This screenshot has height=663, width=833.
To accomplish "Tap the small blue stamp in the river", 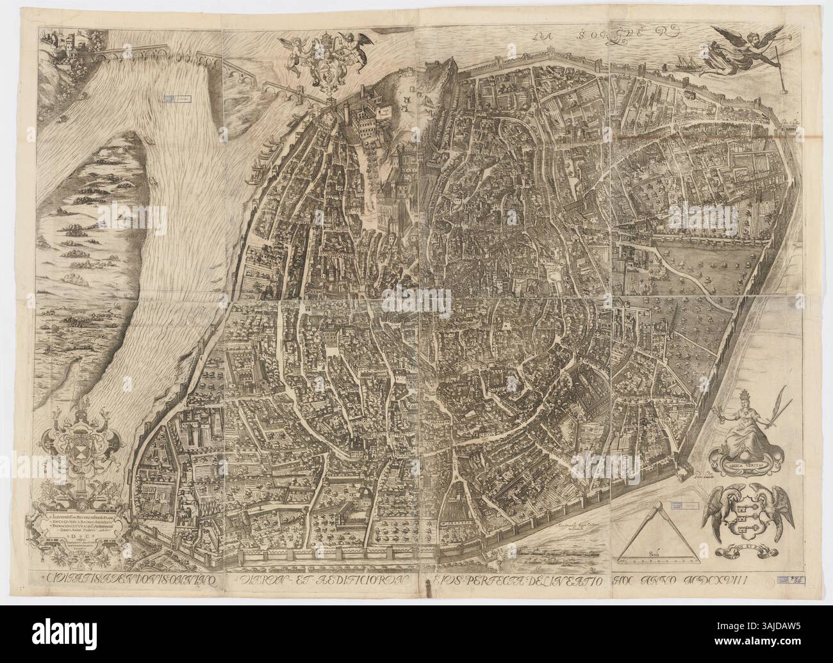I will pyautogui.click(x=176, y=99).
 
